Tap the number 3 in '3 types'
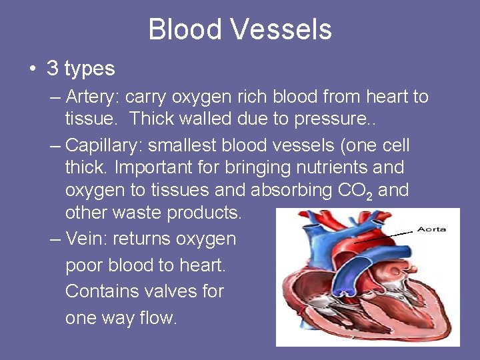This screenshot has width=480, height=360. pos(53,68)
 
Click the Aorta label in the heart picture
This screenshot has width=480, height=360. pos(431,229)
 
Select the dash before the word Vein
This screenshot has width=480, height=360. pos(55,239)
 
